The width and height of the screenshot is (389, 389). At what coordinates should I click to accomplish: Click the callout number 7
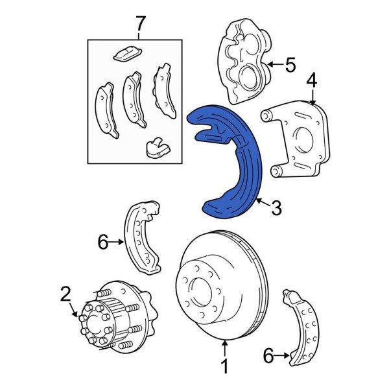tap(137, 25)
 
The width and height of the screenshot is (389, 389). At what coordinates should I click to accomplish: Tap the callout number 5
tap(289, 65)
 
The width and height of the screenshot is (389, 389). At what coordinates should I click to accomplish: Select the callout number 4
tap(312, 82)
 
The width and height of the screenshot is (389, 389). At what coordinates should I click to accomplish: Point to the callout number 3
tap(276, 208)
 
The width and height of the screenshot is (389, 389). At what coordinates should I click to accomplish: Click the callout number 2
tap(65, 294)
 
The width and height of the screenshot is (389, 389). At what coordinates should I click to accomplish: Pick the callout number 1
tap(224, 368)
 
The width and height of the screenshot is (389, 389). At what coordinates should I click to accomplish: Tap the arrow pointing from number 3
tap(261, 203)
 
